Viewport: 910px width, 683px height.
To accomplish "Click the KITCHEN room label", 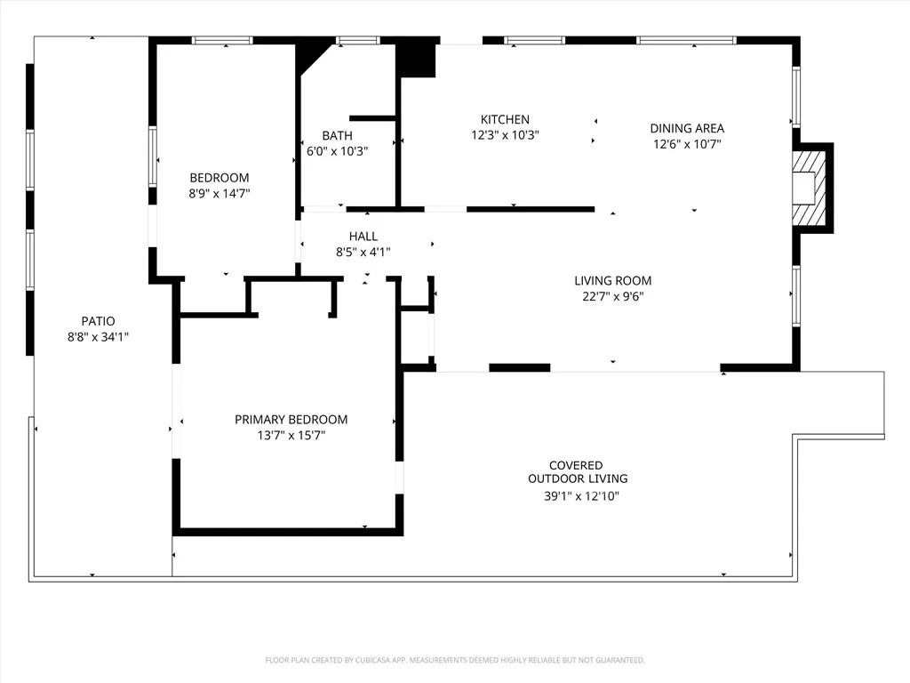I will pos(505,120).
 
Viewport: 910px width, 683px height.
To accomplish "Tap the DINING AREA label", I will pos(687,128).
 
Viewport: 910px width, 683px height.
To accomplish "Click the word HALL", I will pos(363,237).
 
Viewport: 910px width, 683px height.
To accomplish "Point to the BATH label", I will pos(337,135).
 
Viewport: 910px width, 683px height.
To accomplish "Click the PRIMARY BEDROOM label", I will pos(291,420).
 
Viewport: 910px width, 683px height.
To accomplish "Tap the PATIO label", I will pos(98,321).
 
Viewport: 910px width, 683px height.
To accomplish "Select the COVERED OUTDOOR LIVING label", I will pos(576,472).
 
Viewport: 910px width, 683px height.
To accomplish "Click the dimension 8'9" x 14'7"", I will pos(219,193).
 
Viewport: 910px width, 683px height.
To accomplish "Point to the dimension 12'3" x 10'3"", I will pos(505,135).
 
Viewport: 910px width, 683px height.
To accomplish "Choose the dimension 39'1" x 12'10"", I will pos(581,496).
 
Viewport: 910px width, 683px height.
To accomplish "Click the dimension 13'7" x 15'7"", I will pos(291,436).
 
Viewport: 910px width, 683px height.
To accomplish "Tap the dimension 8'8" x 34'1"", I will pos(98,336).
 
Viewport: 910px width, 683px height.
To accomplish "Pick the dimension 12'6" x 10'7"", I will pos(687,143).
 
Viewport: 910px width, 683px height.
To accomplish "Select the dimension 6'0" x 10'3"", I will pos(337,151).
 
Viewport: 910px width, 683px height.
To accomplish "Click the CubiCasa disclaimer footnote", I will pos(454,660).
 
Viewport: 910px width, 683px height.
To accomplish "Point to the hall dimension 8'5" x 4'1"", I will pos(363,252).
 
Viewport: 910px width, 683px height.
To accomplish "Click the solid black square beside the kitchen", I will pos(416,60).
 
